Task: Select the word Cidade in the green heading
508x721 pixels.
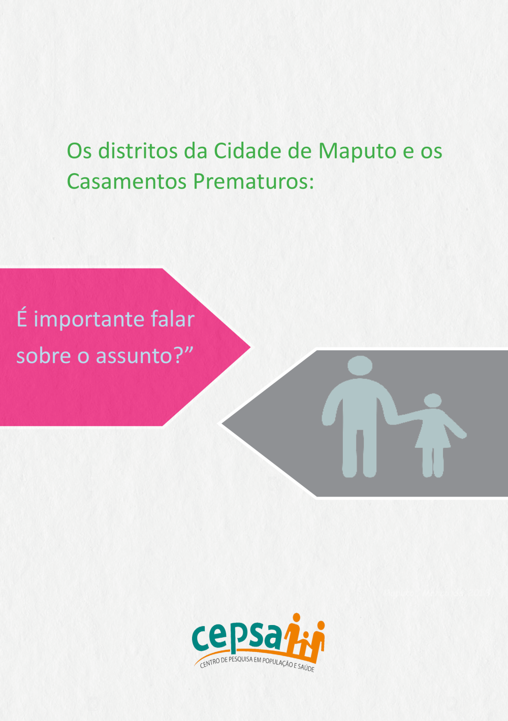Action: coord(247,150)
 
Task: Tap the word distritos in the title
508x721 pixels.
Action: coord(138,150)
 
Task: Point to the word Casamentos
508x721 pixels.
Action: coord(126,181)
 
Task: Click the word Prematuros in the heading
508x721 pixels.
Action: coord(253,181)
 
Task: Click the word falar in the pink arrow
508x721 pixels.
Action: coord(173,319)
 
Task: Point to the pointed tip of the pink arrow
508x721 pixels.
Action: coord(250,347)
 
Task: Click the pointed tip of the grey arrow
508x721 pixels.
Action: coord(221,423)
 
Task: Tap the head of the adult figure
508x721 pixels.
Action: coord(360,366)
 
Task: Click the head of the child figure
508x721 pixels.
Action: coord(432,401)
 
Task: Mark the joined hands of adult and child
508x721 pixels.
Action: coord(396,419)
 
